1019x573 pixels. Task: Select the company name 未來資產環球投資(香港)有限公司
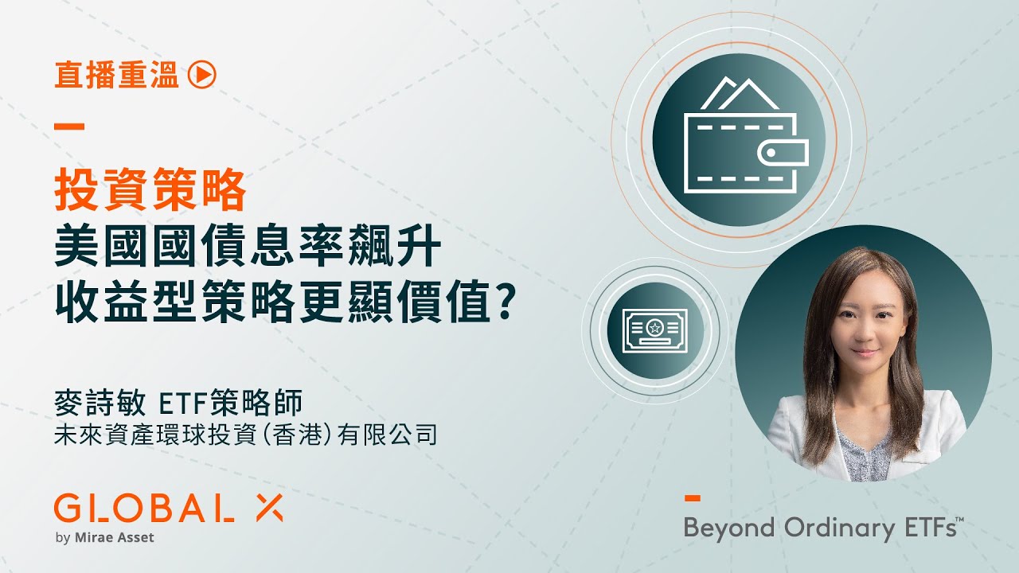pos(246,435)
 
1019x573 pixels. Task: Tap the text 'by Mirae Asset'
pos(104,537)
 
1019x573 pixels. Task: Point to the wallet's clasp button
pos(771,152)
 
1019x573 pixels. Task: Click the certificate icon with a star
pos(654,326)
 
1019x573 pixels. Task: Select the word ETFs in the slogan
pos(925,528)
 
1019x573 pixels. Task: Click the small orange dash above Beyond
pos(693,498)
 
